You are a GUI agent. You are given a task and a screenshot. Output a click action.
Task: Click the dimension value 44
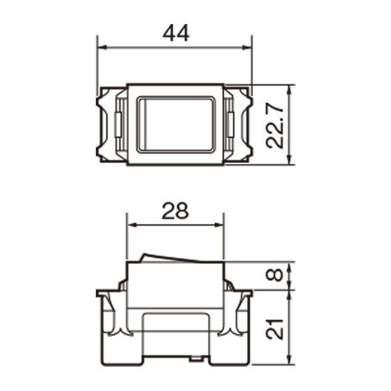[176, 33]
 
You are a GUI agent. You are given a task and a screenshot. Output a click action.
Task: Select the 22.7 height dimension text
[274, 126]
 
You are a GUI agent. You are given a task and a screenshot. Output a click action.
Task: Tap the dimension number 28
[175, 211]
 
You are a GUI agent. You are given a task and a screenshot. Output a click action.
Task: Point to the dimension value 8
[274, 275]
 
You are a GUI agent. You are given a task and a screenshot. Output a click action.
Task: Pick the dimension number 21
[274, 329]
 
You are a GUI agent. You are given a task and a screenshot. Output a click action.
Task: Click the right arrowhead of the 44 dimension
[246, 48]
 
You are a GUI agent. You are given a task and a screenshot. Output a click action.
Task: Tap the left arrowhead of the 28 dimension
[132, 225]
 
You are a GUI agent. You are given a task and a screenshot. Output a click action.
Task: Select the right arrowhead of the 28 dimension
[219, 225]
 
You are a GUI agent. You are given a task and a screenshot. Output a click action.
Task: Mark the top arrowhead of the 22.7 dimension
[289, 91]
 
